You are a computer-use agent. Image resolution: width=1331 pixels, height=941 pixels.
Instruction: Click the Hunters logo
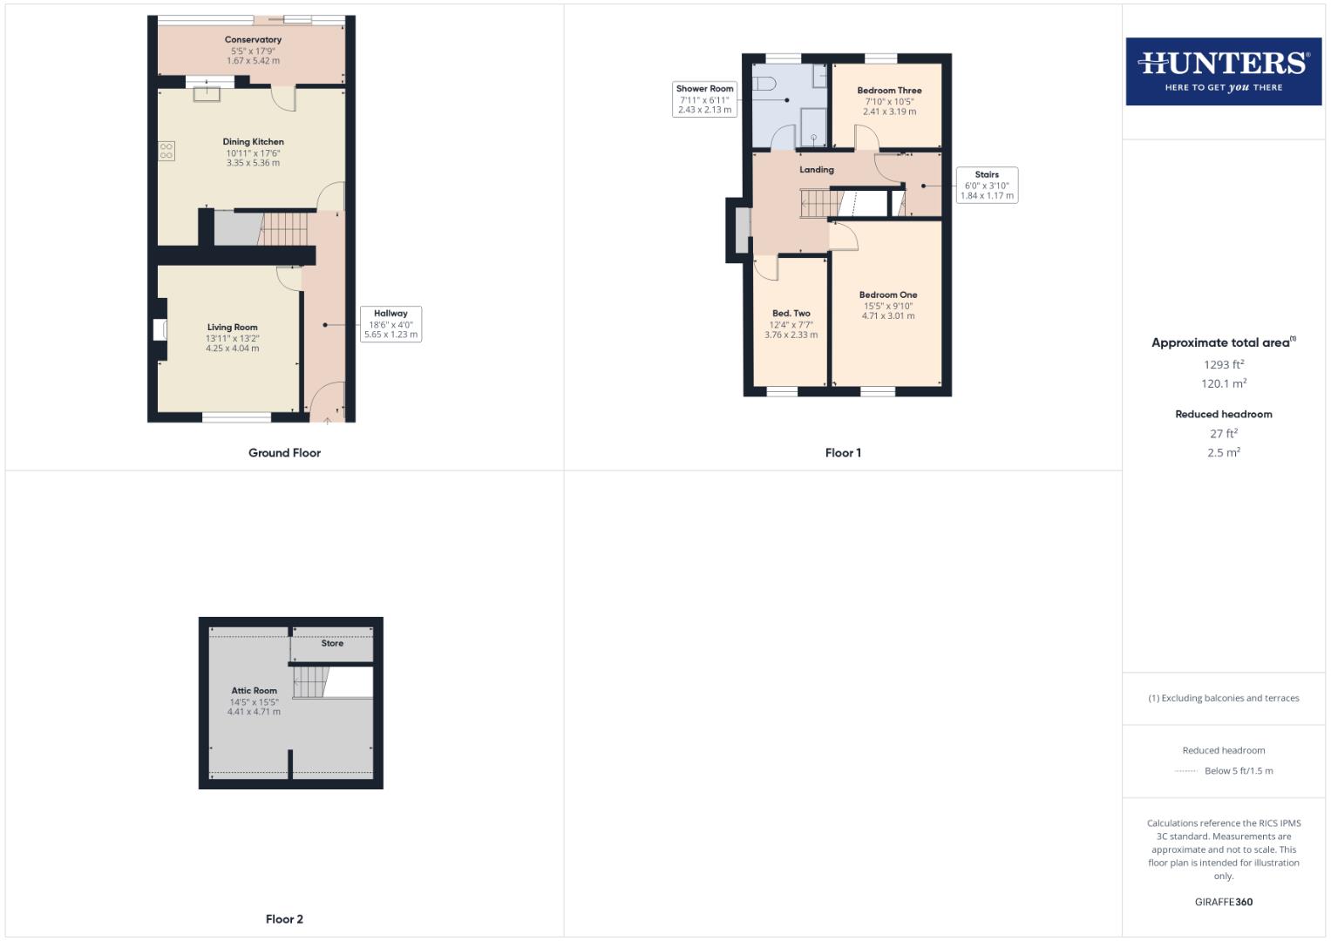pos(1223,71)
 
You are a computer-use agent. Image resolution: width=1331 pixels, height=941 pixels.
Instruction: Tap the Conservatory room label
pos(253,40)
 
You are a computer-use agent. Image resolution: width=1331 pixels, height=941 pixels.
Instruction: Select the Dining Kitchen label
pos(253,142)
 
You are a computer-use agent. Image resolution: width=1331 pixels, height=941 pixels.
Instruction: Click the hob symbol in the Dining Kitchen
pos(166,151)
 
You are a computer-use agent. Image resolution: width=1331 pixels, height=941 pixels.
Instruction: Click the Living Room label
pos(232,328)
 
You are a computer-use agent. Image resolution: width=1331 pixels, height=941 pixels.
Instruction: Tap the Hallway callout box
pos(390,323)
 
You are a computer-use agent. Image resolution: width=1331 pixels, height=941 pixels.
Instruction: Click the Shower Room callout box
pos(704,99)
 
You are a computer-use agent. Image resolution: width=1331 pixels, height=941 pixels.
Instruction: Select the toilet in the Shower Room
pos(764,85)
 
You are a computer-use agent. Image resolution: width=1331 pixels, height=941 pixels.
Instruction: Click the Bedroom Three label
pos(889,91)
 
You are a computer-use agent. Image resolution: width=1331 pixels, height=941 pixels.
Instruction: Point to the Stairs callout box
pos(987,185)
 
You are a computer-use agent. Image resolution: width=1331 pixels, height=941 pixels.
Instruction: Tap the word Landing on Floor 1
pos(817,170)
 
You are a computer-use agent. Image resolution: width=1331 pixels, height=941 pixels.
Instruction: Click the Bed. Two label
pos(791,314)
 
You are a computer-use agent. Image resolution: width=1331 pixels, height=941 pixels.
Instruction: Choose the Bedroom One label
pos(888,295)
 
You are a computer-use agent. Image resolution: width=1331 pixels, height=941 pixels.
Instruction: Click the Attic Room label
pos(254,691)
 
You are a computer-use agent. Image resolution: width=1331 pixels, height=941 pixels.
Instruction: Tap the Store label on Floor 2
pos(332,644)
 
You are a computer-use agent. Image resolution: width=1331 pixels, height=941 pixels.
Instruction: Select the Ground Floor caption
pos(284,453)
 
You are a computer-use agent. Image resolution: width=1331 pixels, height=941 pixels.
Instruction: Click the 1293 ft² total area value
pos(1224,364)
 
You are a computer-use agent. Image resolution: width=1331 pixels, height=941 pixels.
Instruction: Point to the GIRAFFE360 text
pos(1223,902)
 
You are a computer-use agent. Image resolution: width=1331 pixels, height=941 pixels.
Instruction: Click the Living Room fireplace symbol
pos(160,329)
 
